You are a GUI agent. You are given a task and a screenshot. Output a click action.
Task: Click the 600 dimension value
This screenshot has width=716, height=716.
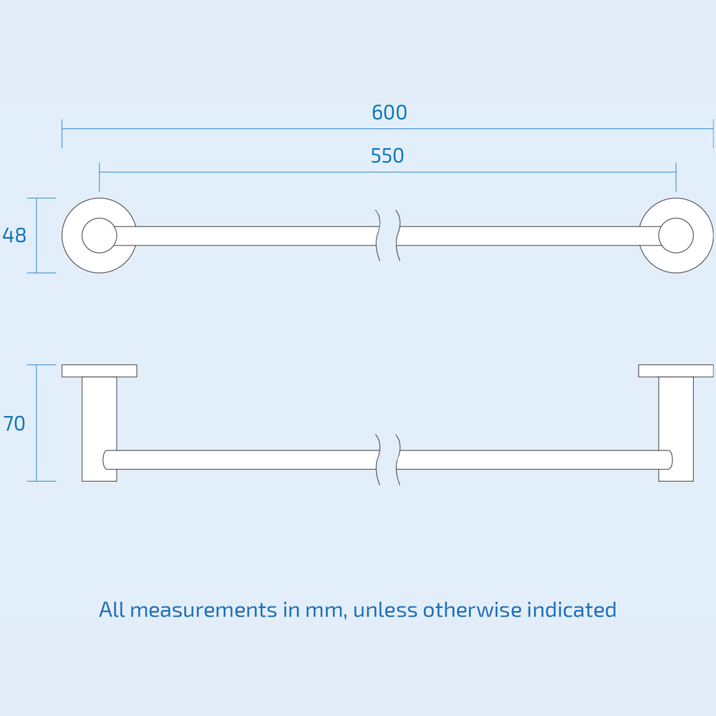pyautogui.click(x=389, y=112)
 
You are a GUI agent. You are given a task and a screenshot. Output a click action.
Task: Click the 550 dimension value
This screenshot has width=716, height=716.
pyautogui.click(x=387, y=155)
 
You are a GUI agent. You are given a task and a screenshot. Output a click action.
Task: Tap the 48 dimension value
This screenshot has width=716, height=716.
pyautogui.click(x=14, y=236)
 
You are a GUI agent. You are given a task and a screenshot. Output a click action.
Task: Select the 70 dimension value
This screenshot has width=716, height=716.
pyautogui.click(x=14, y=423)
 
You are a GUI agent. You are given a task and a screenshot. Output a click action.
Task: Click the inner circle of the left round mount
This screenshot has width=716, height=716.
pyautogui.click(x=100, y=236)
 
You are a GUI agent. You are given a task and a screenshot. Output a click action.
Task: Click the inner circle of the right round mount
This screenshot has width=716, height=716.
pyautogui.click(x=676, y=236)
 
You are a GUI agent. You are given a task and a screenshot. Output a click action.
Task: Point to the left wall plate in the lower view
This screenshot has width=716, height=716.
pyautogui.click(x=100, y=371)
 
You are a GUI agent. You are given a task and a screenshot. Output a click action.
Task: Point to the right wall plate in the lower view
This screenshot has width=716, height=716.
pyautogui.click(x=676, y=371)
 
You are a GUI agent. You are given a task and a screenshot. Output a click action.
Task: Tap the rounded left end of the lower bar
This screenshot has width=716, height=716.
pyautogui.click(x=105, y=460)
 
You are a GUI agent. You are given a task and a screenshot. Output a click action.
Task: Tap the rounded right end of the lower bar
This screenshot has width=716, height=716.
pyautogui.click(x=670, y=460)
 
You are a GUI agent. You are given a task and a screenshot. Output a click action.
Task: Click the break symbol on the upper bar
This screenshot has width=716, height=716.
pyautogui.click(x=388, y=236)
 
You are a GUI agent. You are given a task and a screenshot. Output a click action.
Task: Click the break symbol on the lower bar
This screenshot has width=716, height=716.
pyautogui.click(x=388, y=460)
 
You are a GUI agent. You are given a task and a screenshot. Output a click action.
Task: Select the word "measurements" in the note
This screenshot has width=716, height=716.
pyautogui.click(x=203, y=610)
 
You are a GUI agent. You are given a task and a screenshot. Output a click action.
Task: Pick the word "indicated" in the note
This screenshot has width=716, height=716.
pyautogui.click(x=571, y=609)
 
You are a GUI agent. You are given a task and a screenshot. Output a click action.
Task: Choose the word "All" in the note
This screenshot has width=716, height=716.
pyautogui.click(x=112, y=609)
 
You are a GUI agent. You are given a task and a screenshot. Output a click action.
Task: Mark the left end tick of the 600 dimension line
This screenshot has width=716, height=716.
pyautogui.click(x=62, y=134)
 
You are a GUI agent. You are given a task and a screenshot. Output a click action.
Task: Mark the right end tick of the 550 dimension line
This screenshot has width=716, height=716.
pyautogui.click(x=676, y=177)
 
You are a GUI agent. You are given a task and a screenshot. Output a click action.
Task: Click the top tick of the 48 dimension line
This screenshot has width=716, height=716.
pyautogui.click(x=42, y=198)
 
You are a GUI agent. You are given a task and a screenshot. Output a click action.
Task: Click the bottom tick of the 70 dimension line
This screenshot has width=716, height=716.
pyautogui.click(x=42, y=481)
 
